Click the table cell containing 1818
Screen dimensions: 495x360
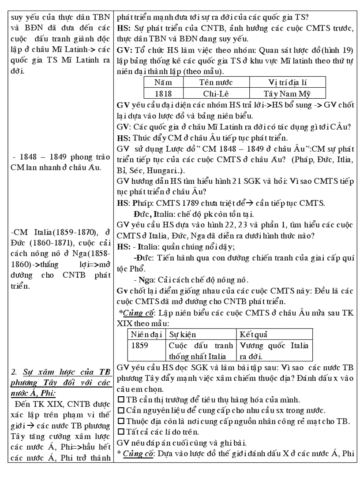point(163,93)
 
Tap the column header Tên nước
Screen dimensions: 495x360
point(216,82)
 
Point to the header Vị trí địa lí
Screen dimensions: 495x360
point(287,82)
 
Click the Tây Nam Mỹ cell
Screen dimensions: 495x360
point(287,93)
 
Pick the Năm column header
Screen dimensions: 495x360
point(163,82)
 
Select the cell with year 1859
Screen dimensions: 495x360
point(140,346)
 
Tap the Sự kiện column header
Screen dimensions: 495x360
point(183,335)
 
